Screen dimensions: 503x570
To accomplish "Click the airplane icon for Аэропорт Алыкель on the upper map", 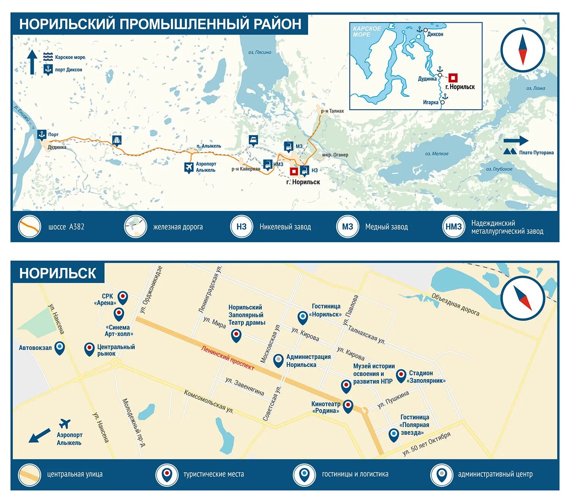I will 188,167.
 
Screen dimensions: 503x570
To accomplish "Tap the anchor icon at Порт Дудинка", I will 41,135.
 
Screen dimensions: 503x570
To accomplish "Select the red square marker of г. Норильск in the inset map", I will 453,78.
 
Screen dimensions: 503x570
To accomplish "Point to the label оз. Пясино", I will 260,52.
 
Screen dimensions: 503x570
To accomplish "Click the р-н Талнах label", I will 332,111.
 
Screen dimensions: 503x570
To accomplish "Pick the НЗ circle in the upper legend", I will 241,227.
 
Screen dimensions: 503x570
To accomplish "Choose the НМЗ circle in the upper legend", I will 453,227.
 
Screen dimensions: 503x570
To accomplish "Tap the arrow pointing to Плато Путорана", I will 516,141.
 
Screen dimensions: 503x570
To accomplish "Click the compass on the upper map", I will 522,50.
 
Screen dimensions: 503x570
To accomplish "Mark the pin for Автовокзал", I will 60,347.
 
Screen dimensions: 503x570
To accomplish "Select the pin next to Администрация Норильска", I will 279,360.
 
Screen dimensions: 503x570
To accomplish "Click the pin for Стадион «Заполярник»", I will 401,375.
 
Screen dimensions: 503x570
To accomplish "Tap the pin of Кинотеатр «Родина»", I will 348,406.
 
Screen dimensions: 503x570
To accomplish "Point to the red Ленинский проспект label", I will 227,357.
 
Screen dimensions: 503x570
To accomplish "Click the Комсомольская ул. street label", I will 209,401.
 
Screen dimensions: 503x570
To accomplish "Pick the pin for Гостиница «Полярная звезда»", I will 394,434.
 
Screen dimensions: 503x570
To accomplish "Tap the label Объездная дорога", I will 455,305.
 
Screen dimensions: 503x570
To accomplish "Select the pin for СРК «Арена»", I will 123,297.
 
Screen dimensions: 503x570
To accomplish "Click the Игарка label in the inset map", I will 431,102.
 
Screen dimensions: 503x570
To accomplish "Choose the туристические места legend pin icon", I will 167,474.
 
